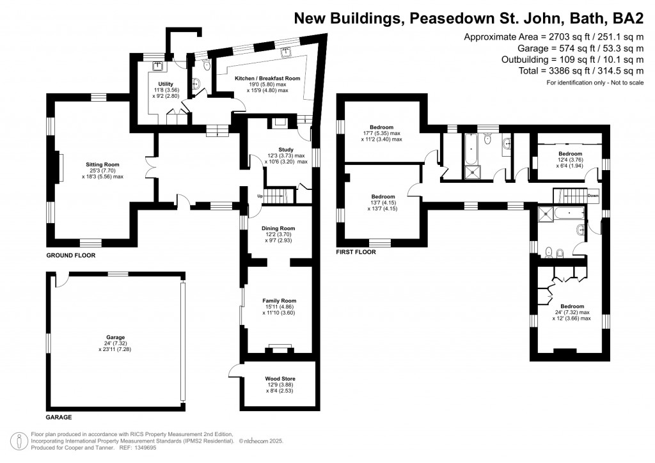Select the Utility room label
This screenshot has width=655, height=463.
[157, 83]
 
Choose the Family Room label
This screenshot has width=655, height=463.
[280, 301]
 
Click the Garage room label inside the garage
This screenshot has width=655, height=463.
[115, 337]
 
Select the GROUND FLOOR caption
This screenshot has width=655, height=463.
[70, 255]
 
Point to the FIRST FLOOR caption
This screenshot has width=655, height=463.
[356, 253]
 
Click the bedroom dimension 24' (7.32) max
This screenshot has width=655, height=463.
[571, 312]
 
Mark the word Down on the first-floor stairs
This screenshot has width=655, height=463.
[593, 196]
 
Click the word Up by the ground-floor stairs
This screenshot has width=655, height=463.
[260, 196]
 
